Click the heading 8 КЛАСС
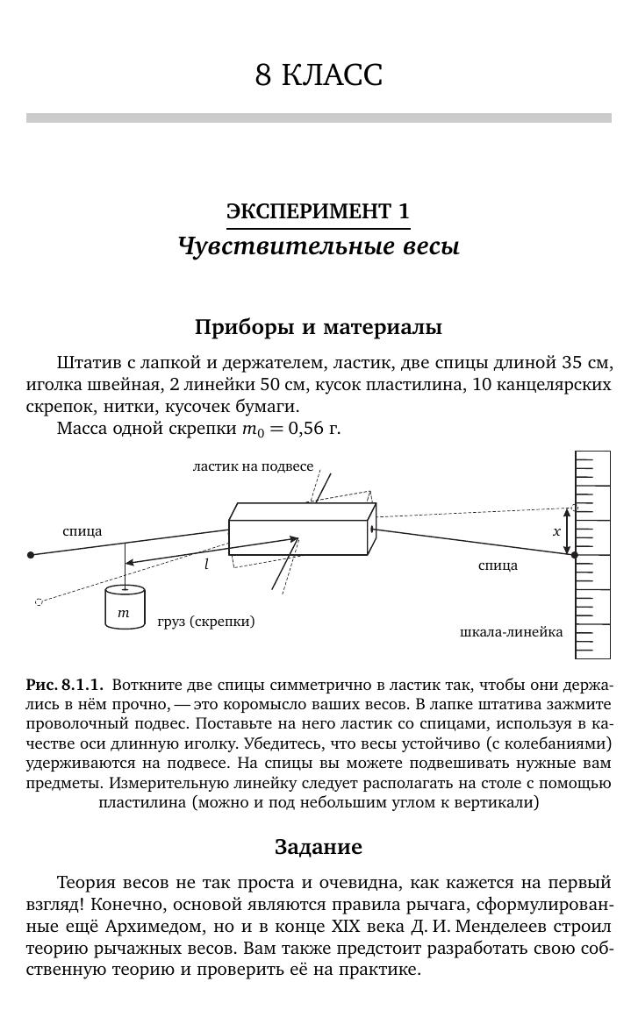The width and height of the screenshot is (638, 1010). tap(319, 75)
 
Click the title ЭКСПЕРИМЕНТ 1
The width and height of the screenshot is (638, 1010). tap(318, 211)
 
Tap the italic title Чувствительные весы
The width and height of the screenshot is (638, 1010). tap(319, 245)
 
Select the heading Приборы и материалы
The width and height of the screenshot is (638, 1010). tap(319, 327)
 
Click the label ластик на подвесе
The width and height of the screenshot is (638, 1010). tap(253, 466)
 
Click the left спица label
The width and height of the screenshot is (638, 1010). tap(82, 531)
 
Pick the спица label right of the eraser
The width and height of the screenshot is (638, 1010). tap(498, 565)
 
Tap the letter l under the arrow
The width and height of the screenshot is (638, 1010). tap(206, 565)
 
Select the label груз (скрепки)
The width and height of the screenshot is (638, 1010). tap(206, 622)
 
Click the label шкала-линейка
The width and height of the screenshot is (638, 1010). tap(511, 632)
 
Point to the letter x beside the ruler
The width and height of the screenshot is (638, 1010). tap(556, 531)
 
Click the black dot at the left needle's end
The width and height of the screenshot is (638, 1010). tap(32, 555)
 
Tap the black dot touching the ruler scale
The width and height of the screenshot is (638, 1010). tap(575, 555)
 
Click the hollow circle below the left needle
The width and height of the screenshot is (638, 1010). tap(39, 602)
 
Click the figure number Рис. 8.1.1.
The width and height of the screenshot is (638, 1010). tap(65, 685)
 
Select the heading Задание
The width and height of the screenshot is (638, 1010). tap(319, 846)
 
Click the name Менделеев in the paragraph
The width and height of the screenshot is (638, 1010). tap(506, 926)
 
